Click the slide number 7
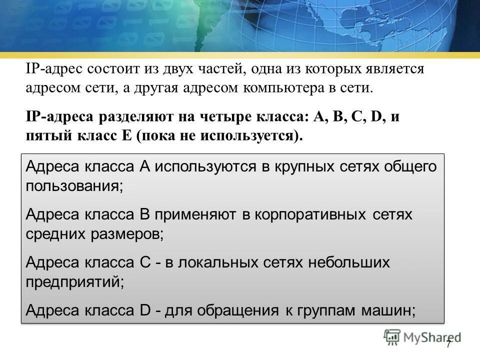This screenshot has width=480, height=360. point(448,344)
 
